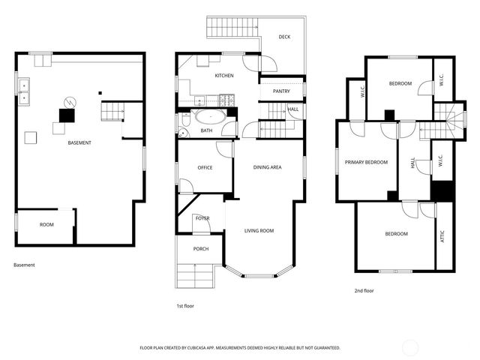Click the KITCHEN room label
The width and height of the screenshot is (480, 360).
click(x=224, y=76)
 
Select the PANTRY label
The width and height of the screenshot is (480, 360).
click(x=281, y=91)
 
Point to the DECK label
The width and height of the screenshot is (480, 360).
click(x=284, y=37)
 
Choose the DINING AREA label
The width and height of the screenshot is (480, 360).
click(x=267, y=167)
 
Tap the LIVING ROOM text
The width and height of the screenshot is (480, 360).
click(x=259, y=231)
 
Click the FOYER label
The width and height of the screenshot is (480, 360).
click(x=202, y=217)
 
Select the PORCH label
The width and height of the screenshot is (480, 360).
click(x=201, y=249)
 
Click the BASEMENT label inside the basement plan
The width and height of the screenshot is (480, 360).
click(x=79, y=142)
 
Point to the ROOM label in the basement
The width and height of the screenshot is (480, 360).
click(x=46, y=224)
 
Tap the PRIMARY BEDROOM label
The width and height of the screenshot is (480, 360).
click(x=366, y=162)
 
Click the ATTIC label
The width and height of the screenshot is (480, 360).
click(x=442, y=235)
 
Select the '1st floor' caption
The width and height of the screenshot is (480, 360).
click(x=184, y=307)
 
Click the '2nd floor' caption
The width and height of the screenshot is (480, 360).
click(x=364, y=290)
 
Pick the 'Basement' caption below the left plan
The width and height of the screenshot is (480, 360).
click(x=24, y=265)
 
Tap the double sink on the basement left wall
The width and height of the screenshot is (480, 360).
click(x=25, y=91)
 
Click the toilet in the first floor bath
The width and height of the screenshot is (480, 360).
click(x=183, y=133)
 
